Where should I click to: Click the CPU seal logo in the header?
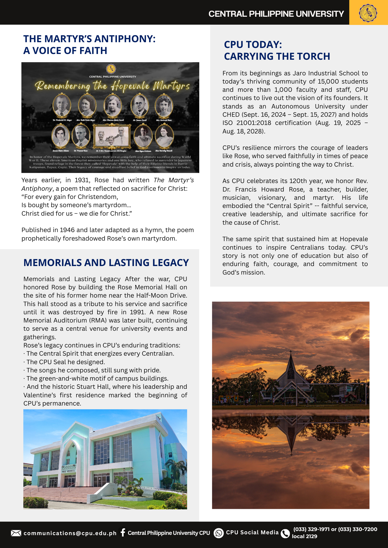(x=368, y=13)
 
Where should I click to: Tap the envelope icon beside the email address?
(x=16, y=533)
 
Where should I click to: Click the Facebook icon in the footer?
(x=123, y=532)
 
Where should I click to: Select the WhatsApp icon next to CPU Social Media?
(x=219, y=533)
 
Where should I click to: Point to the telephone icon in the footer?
(x=285, y=533)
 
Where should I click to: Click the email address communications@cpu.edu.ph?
(x=70, y=533)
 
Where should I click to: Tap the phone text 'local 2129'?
(x=304, y=536)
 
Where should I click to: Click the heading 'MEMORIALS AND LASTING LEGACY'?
(x=106, y=262)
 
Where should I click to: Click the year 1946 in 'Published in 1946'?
(x=67, y=230)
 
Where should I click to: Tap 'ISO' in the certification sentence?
(x=227, y=123)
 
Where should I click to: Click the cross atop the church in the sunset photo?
(x=291, y=351)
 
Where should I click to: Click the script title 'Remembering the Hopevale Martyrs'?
(x=112, y=86)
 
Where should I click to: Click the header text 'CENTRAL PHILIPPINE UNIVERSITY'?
(x=276, y=14)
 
